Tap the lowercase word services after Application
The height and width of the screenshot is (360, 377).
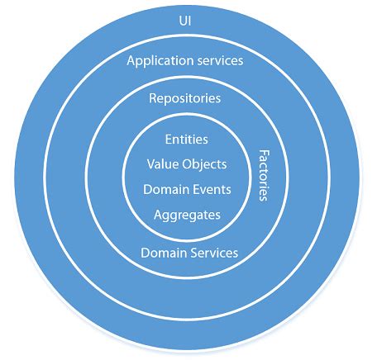(x=220, y=61)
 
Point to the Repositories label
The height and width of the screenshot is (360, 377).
(x=185, y=99)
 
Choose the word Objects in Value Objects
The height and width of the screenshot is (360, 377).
(x=203, y=164)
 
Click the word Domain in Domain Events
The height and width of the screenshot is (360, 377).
(x=163, y=188)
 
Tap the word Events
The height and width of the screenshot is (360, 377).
(x=210, y=188)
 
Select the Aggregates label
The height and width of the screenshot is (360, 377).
(x=187, y=214)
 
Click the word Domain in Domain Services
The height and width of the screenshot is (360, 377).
(x=160, y=253)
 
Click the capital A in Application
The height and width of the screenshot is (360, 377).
(x=131, y=60)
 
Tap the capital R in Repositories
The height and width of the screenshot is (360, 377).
(x=153, y=99)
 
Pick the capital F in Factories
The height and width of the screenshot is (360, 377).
(x=265, y=153)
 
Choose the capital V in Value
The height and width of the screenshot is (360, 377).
(x=150, y=163)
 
